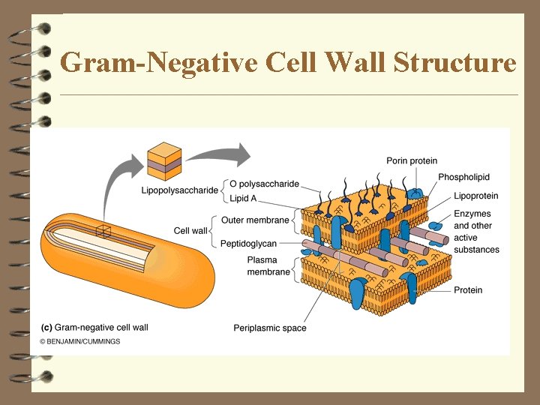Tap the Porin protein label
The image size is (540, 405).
pos(412,161)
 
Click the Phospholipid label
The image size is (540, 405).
pos(463,177)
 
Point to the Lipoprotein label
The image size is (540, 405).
pos(475,196)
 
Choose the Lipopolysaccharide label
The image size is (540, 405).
pos(179,190)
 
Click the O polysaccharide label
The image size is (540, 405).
pos(264,184)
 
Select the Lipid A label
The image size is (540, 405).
pos(244,198)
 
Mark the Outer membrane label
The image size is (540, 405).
pos(255,220)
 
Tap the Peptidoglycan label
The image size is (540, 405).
pos(248,244)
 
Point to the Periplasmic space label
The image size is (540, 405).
pos(270,328)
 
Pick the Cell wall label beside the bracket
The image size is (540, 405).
pos(190,231)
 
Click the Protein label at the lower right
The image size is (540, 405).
pos(468,290)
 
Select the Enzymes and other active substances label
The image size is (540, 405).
pos(475,232)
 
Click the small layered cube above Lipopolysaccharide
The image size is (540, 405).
pos(163,160)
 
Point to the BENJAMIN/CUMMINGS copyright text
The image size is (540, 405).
pos(81,341)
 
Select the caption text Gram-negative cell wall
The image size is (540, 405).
pos(101,328)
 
